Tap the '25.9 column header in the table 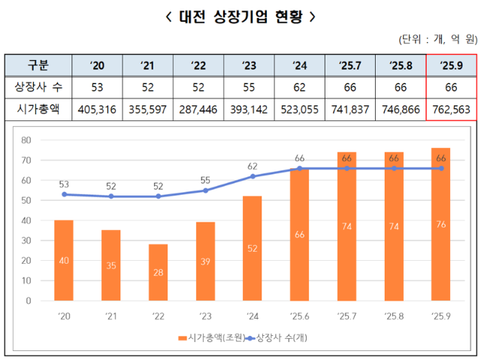click(452, 65)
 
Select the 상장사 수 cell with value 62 click(299, 86)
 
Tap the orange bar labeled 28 click(158, 272)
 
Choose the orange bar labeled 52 click(253, 248)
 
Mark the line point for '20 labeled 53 click(63, 194)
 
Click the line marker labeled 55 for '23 click(205, 190)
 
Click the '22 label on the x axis click(158, 315)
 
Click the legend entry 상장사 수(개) click(280, 338)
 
